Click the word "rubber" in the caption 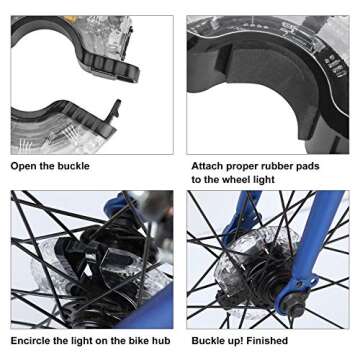tap(277, 166)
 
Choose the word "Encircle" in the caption tap(30, 341)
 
